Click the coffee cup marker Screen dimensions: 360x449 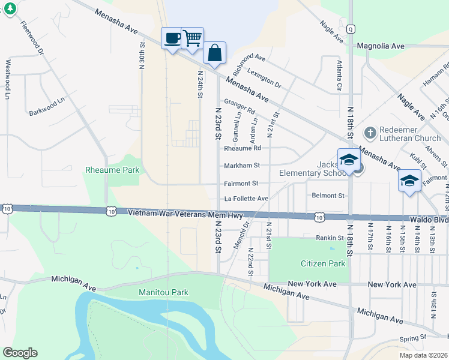[173, 38]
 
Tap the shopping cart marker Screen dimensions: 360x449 [192, 38]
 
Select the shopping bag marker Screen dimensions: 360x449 [214, 53]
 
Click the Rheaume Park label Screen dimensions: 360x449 [112, 170]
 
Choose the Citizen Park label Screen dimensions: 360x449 [323, 263]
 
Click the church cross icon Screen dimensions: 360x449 [370, 131]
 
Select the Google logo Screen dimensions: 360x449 [20, 353]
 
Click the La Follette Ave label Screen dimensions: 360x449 [246, 198]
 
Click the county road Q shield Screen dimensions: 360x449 [350, 28]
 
